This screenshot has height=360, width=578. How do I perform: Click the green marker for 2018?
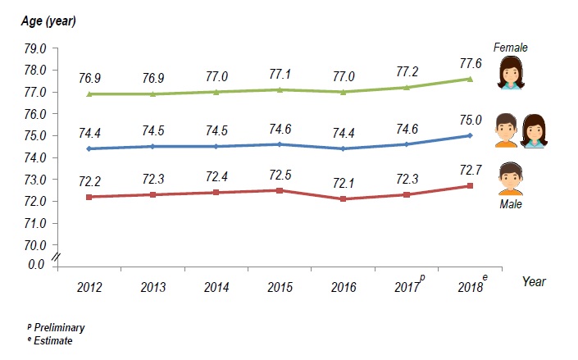(470, 79)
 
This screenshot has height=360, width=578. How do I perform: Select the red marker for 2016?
(344, 199)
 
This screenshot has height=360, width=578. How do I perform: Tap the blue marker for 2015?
(280, 144)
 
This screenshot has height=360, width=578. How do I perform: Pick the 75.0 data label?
(470, 120)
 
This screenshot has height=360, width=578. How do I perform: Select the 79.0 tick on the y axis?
(35, 48)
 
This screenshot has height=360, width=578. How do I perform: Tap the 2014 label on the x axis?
(216, 287)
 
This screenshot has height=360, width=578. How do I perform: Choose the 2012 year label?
(89, 287)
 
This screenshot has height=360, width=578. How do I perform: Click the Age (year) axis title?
(48, 21)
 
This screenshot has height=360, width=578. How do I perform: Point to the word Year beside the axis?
(534, 281)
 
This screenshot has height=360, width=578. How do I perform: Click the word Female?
(510, 48)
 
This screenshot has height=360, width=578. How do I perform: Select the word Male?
(511, 204)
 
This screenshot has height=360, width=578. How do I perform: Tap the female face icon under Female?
(511, 74)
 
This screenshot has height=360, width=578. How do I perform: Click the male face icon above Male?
(511, 179)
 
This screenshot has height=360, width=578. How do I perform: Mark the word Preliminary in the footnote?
(59, 327)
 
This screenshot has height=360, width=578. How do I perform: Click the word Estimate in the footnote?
(53, 340)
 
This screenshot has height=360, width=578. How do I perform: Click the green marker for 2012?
(89, 94)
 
